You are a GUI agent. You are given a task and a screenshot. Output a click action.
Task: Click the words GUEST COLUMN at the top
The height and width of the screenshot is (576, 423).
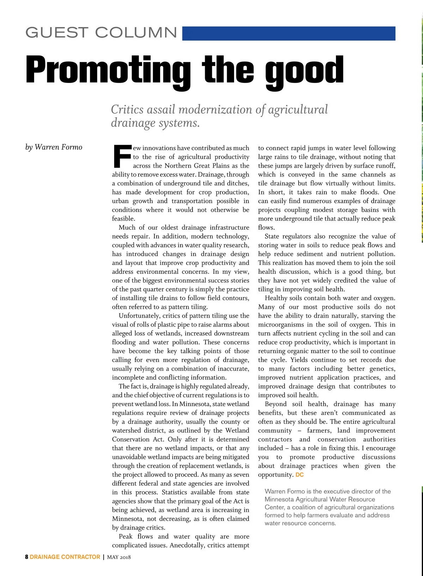pos(101,33)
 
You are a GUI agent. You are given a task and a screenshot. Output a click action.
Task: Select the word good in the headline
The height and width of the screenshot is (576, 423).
pos(305,70)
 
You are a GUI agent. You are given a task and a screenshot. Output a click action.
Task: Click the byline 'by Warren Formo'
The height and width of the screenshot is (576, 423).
pos(54,147)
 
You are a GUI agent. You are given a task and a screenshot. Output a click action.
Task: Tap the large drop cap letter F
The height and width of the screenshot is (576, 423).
pos(122,156)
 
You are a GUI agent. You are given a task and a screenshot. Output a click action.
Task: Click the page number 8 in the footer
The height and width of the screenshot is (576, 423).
pos(26,557)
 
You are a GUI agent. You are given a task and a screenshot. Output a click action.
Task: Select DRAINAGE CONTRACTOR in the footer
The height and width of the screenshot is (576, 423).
pos(65,557)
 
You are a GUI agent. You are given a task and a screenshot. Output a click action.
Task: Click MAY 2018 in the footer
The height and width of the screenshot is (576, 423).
pos(119,557)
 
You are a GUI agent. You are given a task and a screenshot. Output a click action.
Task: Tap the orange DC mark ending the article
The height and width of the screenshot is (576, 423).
pos(300,475)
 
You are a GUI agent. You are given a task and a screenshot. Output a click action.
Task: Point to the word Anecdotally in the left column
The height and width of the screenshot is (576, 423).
pos(187,545)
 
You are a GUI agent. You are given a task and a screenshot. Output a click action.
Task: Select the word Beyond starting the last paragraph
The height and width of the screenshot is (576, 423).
pos(276,404)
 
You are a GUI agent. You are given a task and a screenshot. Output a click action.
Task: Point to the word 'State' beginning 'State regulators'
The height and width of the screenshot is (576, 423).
pos(271,236)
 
